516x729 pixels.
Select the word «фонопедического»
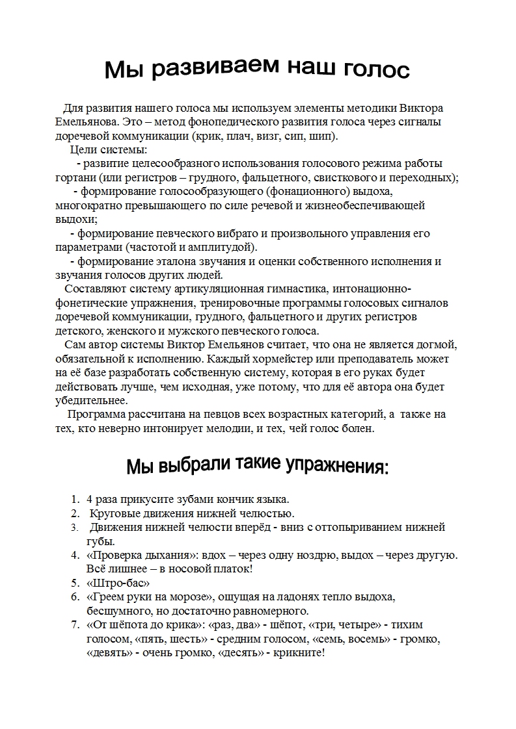pos(226,122)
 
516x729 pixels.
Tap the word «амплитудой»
pos(224,248)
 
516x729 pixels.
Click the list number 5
pos(74,583)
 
